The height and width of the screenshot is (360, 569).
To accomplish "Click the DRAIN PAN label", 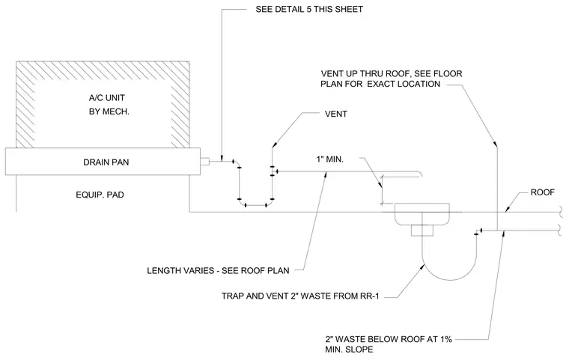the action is pos(106,162).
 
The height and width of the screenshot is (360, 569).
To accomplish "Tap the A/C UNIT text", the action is pos(106,98).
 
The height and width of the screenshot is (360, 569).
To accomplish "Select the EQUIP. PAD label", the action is pos(100,195).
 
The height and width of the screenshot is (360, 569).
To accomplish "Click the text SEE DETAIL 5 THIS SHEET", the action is pos(309,10).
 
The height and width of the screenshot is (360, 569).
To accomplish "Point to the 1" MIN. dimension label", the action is pos(329,159).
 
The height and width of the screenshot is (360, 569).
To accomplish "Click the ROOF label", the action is pos(543,192).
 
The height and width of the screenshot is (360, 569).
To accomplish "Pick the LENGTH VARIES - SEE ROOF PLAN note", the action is pos(218,271).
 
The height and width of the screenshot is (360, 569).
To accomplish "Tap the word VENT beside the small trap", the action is pos(336,114).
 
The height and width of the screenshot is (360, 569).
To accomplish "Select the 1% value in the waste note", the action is pos(446,339).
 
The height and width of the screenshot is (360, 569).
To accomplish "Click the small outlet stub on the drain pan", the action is pos(204,162).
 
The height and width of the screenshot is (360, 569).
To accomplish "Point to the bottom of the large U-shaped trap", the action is pos(450,280).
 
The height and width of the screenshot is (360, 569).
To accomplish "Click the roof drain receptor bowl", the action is pos(422,215).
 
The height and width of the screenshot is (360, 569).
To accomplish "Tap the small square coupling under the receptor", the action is pos(422,231).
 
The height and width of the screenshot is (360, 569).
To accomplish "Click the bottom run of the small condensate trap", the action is pos(256,205).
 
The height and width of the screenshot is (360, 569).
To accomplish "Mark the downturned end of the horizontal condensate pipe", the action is pos(421,174).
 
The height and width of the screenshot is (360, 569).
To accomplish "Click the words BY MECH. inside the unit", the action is pos(109,112).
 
